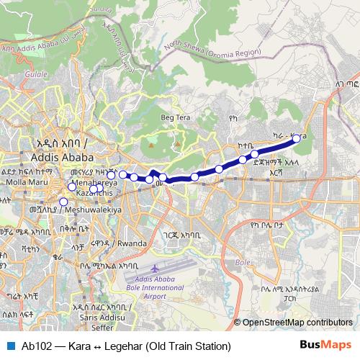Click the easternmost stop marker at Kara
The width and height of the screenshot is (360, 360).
[x=296, y=138]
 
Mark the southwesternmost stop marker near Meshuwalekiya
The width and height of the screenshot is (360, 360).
[x=63, y=202]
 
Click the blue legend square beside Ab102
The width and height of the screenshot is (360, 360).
[x=9, y=346]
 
